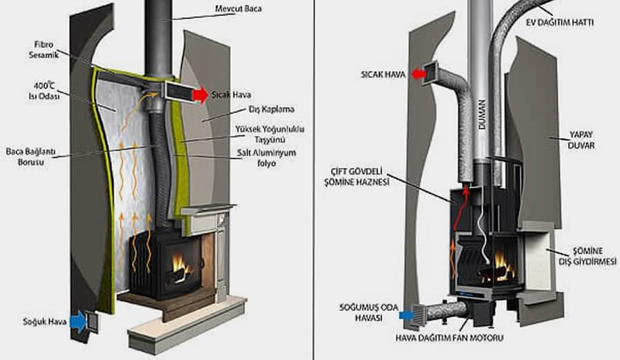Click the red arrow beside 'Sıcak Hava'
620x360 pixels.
pos(199,95)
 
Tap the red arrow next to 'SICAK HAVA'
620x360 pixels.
pos(416,73)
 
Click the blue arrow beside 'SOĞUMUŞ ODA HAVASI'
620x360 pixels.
pos(407,314)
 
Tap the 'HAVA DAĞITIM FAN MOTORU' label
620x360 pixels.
pos(449,339)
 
